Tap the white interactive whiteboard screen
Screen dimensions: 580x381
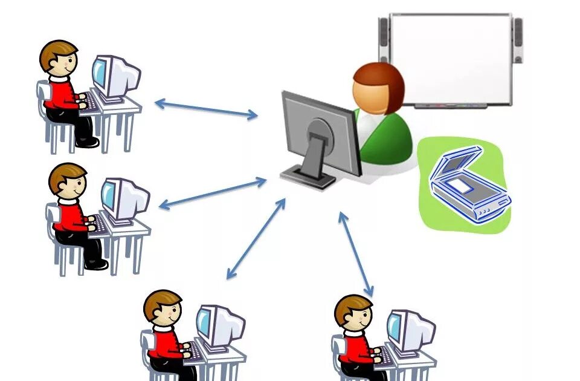[x=451, y=58]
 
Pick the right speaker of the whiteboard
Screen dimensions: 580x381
[x=518, y=40]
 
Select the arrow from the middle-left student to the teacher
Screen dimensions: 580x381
[x=212, y=194]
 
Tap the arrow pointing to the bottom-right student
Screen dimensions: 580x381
[x=356, y=254]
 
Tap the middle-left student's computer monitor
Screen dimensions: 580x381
[x=124, y=200]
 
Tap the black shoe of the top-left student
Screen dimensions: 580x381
[x=88, y=143]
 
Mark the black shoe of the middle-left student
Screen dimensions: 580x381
[x=97, y=264]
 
